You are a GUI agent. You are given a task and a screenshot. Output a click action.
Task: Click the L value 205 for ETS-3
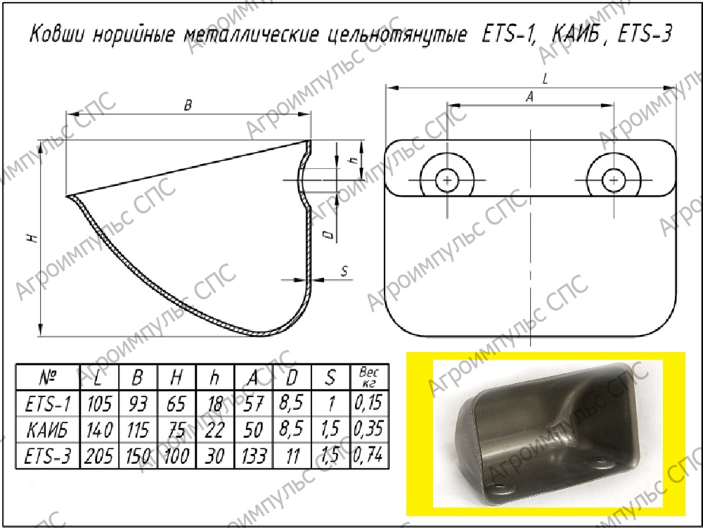pyautogui.click(x=99, y=455)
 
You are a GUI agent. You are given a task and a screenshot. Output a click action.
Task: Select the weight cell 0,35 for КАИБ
pyautogui.click(x=368, y=429)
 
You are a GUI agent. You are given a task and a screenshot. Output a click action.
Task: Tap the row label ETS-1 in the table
pyautogui.click(x=48, y=403)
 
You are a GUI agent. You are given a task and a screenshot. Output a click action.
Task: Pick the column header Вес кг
pyautogui.click(x=369, y=377)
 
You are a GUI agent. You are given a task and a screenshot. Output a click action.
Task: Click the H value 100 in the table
pyautogui.click(x=176, y=455)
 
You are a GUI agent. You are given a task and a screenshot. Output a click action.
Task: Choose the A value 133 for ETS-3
pyautogui.click(x=253, y=455)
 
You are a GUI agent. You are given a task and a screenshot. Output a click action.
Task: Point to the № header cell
pyautogui.click(x=48, y=377)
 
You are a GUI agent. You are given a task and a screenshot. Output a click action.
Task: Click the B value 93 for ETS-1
pyautogui.click(x=138, y=403)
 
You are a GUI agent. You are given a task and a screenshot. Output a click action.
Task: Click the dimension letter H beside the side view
pyautogui.click(x=33, y=238)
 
